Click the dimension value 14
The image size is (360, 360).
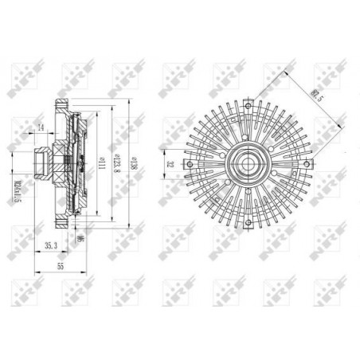coord(40,127)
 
